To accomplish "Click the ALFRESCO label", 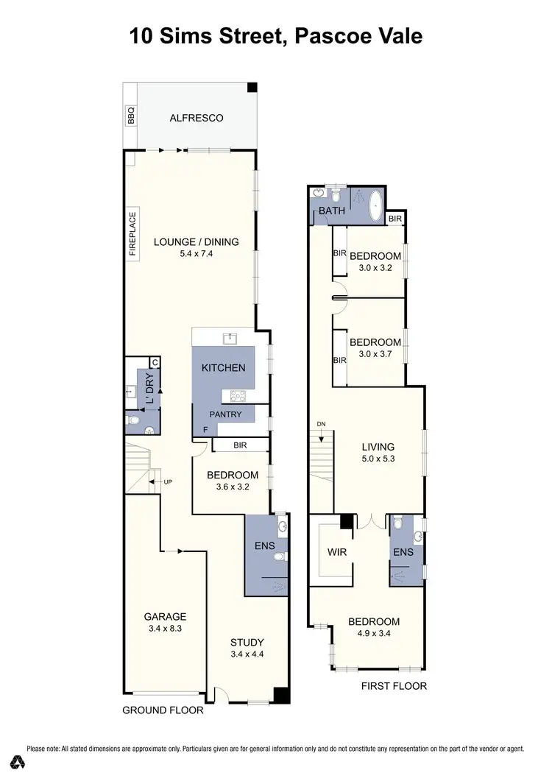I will click(196, 118).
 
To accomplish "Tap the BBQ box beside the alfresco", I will click(132, 116).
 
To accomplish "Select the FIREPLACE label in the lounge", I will click(133, 234).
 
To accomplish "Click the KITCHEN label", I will click(223, 367).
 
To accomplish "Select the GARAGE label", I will click(165, 617).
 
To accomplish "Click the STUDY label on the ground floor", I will click(247, 641).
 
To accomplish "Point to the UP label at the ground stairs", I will click(168, 482).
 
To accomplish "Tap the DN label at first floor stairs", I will click(320, 425).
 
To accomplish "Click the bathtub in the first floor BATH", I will click(375, 202).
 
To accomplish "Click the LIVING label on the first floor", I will click(378, 446).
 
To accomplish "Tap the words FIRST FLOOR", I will click(394, 686).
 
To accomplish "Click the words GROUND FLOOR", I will click(162, 710).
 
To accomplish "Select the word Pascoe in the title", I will click(329, 35).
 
